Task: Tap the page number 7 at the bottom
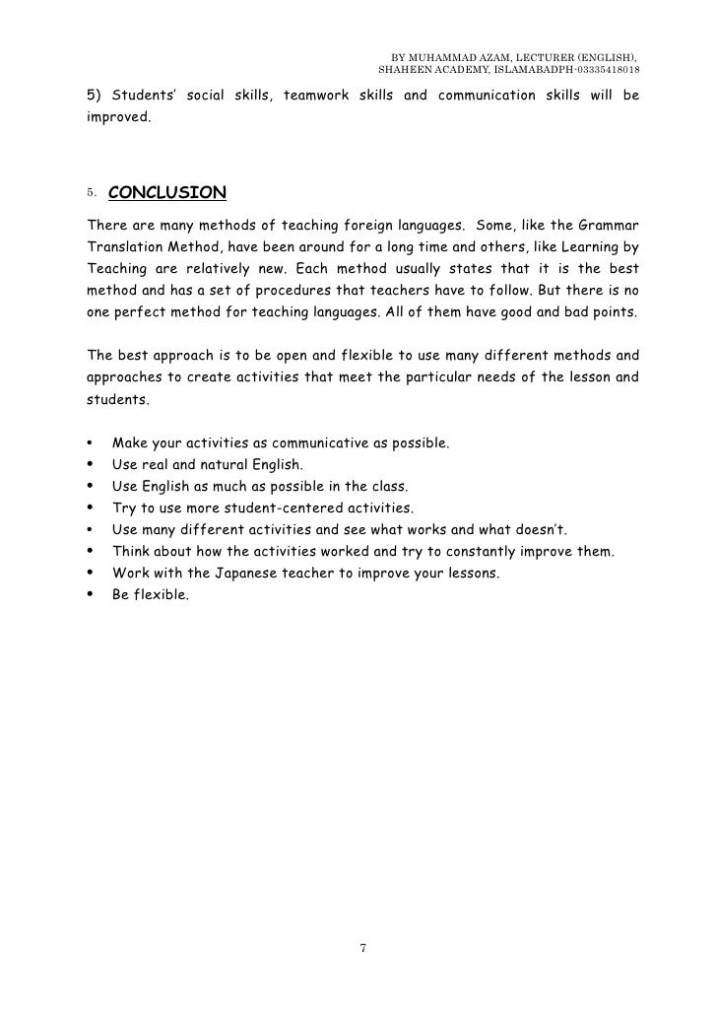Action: pyautogui.click(x=362, y=948)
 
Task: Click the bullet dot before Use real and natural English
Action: pyautogui.click(x=91, y=466)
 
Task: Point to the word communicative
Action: pyautogui.click(x=325, y=444)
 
